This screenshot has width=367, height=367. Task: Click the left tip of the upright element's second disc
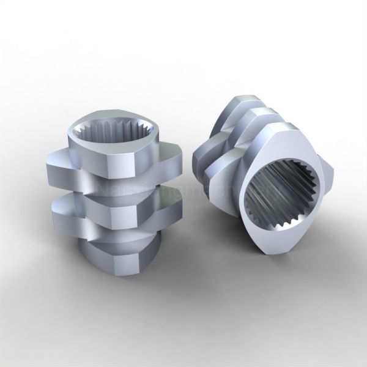52,168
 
